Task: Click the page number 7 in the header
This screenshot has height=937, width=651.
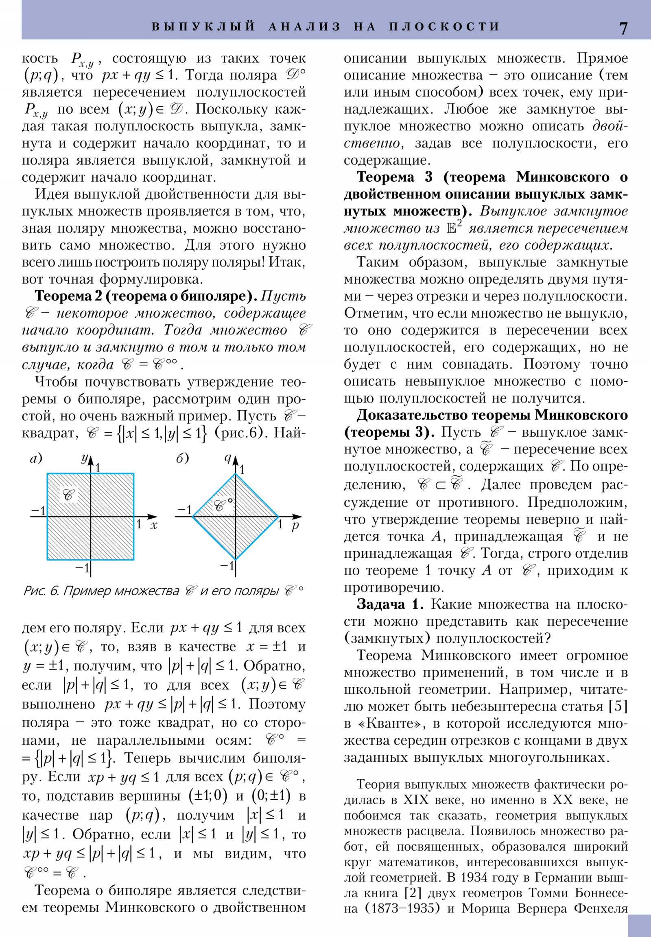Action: (623, 28)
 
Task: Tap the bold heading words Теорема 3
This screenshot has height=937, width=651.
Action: (391, 177)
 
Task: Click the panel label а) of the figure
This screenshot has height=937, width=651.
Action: (36, 459)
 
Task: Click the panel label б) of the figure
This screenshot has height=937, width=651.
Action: (183, 459)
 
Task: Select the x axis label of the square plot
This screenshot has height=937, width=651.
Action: (154, 526)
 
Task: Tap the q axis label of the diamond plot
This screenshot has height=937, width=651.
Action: (228, 458)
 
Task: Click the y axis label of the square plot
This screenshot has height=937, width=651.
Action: (85, 458)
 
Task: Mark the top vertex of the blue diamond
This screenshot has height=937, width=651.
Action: (235, 474)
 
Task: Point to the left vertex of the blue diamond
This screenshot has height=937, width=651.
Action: (193, 517)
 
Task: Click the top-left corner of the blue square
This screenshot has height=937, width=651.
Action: (47, 473)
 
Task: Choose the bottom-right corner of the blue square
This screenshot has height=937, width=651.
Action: (134, 559)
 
